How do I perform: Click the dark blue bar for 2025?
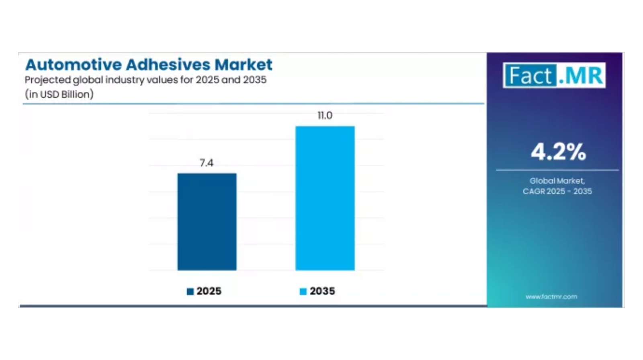click(207, 222)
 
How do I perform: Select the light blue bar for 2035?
click(325, 198)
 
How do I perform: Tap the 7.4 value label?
click(207, 163)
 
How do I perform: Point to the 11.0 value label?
click(325, 116)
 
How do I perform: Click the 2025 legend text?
click(209, 291)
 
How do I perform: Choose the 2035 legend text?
click(322, 291)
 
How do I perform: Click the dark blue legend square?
click(190, 292)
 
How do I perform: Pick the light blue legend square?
click(303, 292)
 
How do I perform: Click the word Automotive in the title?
click(74, 65)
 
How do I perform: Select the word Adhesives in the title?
click(168, 65)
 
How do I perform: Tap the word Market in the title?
click(244, 65)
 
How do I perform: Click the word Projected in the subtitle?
click(47, 80)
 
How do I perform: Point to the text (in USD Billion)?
click(59, 94)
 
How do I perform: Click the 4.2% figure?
click(558, 152)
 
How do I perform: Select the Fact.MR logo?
click(554, 76)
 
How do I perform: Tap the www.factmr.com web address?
click(551, 297)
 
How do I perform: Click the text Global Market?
click(557, 181)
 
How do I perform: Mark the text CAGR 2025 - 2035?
click(557, 192)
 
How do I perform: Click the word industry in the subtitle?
click(125, 80)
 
